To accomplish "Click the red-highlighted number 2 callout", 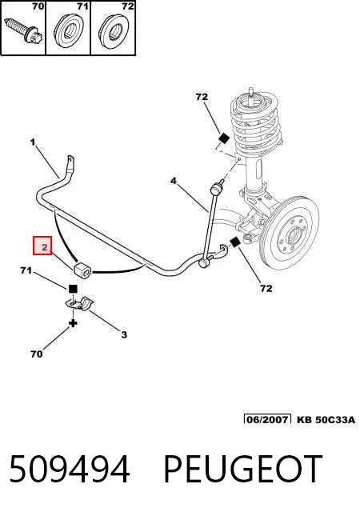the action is tap(42, 246).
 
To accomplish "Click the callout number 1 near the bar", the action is tap(33, 142).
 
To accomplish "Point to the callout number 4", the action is tap(173, 181).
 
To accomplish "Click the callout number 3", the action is tap(124, 334).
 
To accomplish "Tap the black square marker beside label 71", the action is tap(73, 289).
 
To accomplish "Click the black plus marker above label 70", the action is tap(73, 323).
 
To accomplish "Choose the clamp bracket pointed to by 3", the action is tap(79, 304).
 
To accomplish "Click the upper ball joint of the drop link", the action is tap(216, 189).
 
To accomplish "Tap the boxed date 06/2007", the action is tap(267, 419).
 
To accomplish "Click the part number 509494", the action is tap(70, 469).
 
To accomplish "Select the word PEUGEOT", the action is tap(242, 469).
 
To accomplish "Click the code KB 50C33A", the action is tap(326, 419).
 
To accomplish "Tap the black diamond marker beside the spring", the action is tap(224, 138).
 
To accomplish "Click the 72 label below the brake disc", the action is tap(266, 288).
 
